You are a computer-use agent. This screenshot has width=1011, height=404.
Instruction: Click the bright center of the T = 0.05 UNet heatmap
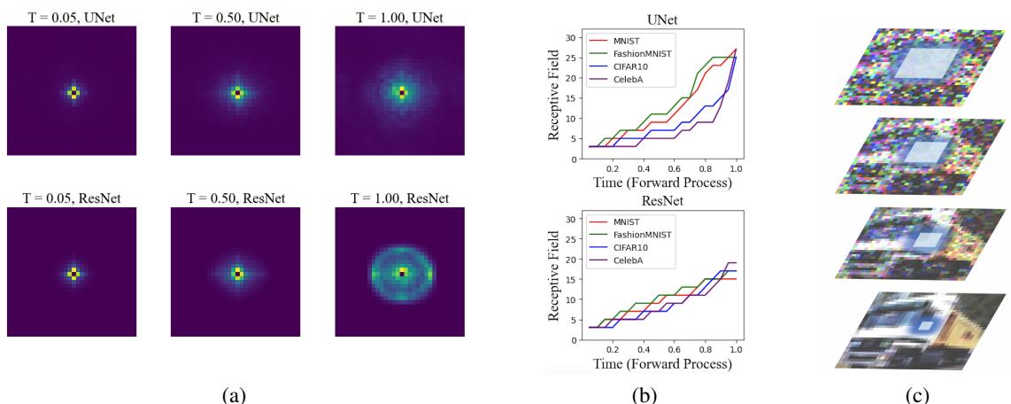[73, 92]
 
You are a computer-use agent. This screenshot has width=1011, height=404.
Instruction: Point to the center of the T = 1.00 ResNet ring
[402, 273]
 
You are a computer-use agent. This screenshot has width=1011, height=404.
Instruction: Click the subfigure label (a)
[236, 390]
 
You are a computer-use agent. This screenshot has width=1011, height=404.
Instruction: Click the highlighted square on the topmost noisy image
[923, 63]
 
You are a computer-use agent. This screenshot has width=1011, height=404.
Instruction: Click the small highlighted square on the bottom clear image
[924, 325]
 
